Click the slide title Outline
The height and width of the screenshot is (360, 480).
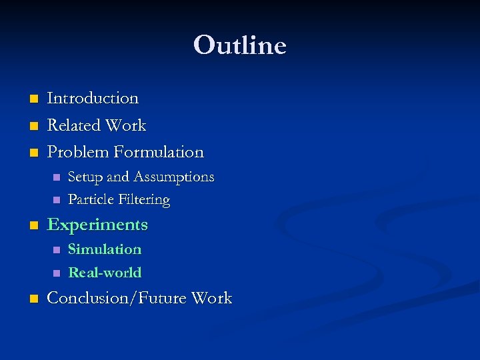[x=240, y=46]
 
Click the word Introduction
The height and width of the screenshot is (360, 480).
[x=93, y=98]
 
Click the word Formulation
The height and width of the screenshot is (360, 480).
[x=159, y=152]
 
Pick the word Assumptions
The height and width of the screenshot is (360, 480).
[x=174, y=177]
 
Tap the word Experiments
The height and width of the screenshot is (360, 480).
[x=97, y=225]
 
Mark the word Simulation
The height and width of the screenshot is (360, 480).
[x=105, y=249]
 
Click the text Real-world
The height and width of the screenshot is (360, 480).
[x=105, y=273]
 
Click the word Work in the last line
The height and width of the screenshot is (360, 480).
[x=211, y=298]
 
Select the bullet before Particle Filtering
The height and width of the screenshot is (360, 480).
[x=56, y=200]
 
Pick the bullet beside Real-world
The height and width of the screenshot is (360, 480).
[x=56, y=273]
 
